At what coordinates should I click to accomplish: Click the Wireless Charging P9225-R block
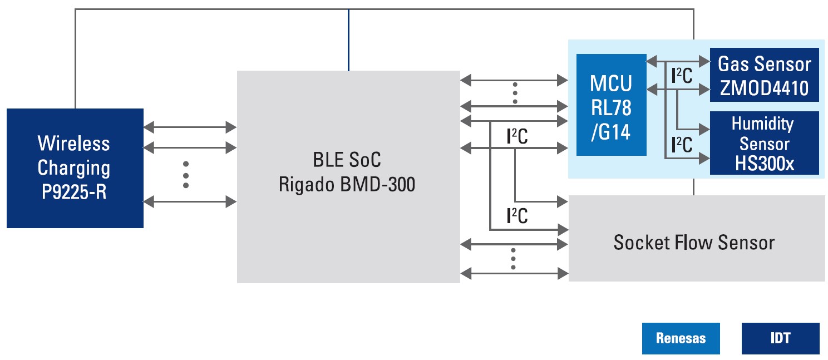click(75, 168)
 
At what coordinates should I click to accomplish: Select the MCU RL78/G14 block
click(612, 105)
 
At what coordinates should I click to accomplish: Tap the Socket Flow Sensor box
click(697, 238)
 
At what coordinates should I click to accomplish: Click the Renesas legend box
click(681, 338)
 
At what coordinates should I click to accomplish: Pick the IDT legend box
click(780, 338)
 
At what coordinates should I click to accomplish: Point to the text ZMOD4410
click(764, 88)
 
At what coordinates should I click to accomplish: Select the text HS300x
click(765, 164)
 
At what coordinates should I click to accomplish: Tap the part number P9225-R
click(74, 192)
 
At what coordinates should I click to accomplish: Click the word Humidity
click(762, 124)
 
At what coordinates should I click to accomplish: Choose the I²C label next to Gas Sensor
click(682, 76)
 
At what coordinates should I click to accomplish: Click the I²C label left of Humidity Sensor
click(682, 145)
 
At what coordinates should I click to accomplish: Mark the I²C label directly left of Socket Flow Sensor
click(517, 216)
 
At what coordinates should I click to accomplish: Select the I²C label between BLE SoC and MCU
click(517, 136)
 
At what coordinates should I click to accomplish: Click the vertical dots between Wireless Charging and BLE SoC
click(186, 175)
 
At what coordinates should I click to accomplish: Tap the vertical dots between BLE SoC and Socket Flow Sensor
click(513, 259)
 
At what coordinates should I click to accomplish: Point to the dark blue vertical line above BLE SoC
click(348, 40)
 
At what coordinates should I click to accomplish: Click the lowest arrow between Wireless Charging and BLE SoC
click(190, 202)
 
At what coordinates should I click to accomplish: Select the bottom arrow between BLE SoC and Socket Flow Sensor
click(514, 274)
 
